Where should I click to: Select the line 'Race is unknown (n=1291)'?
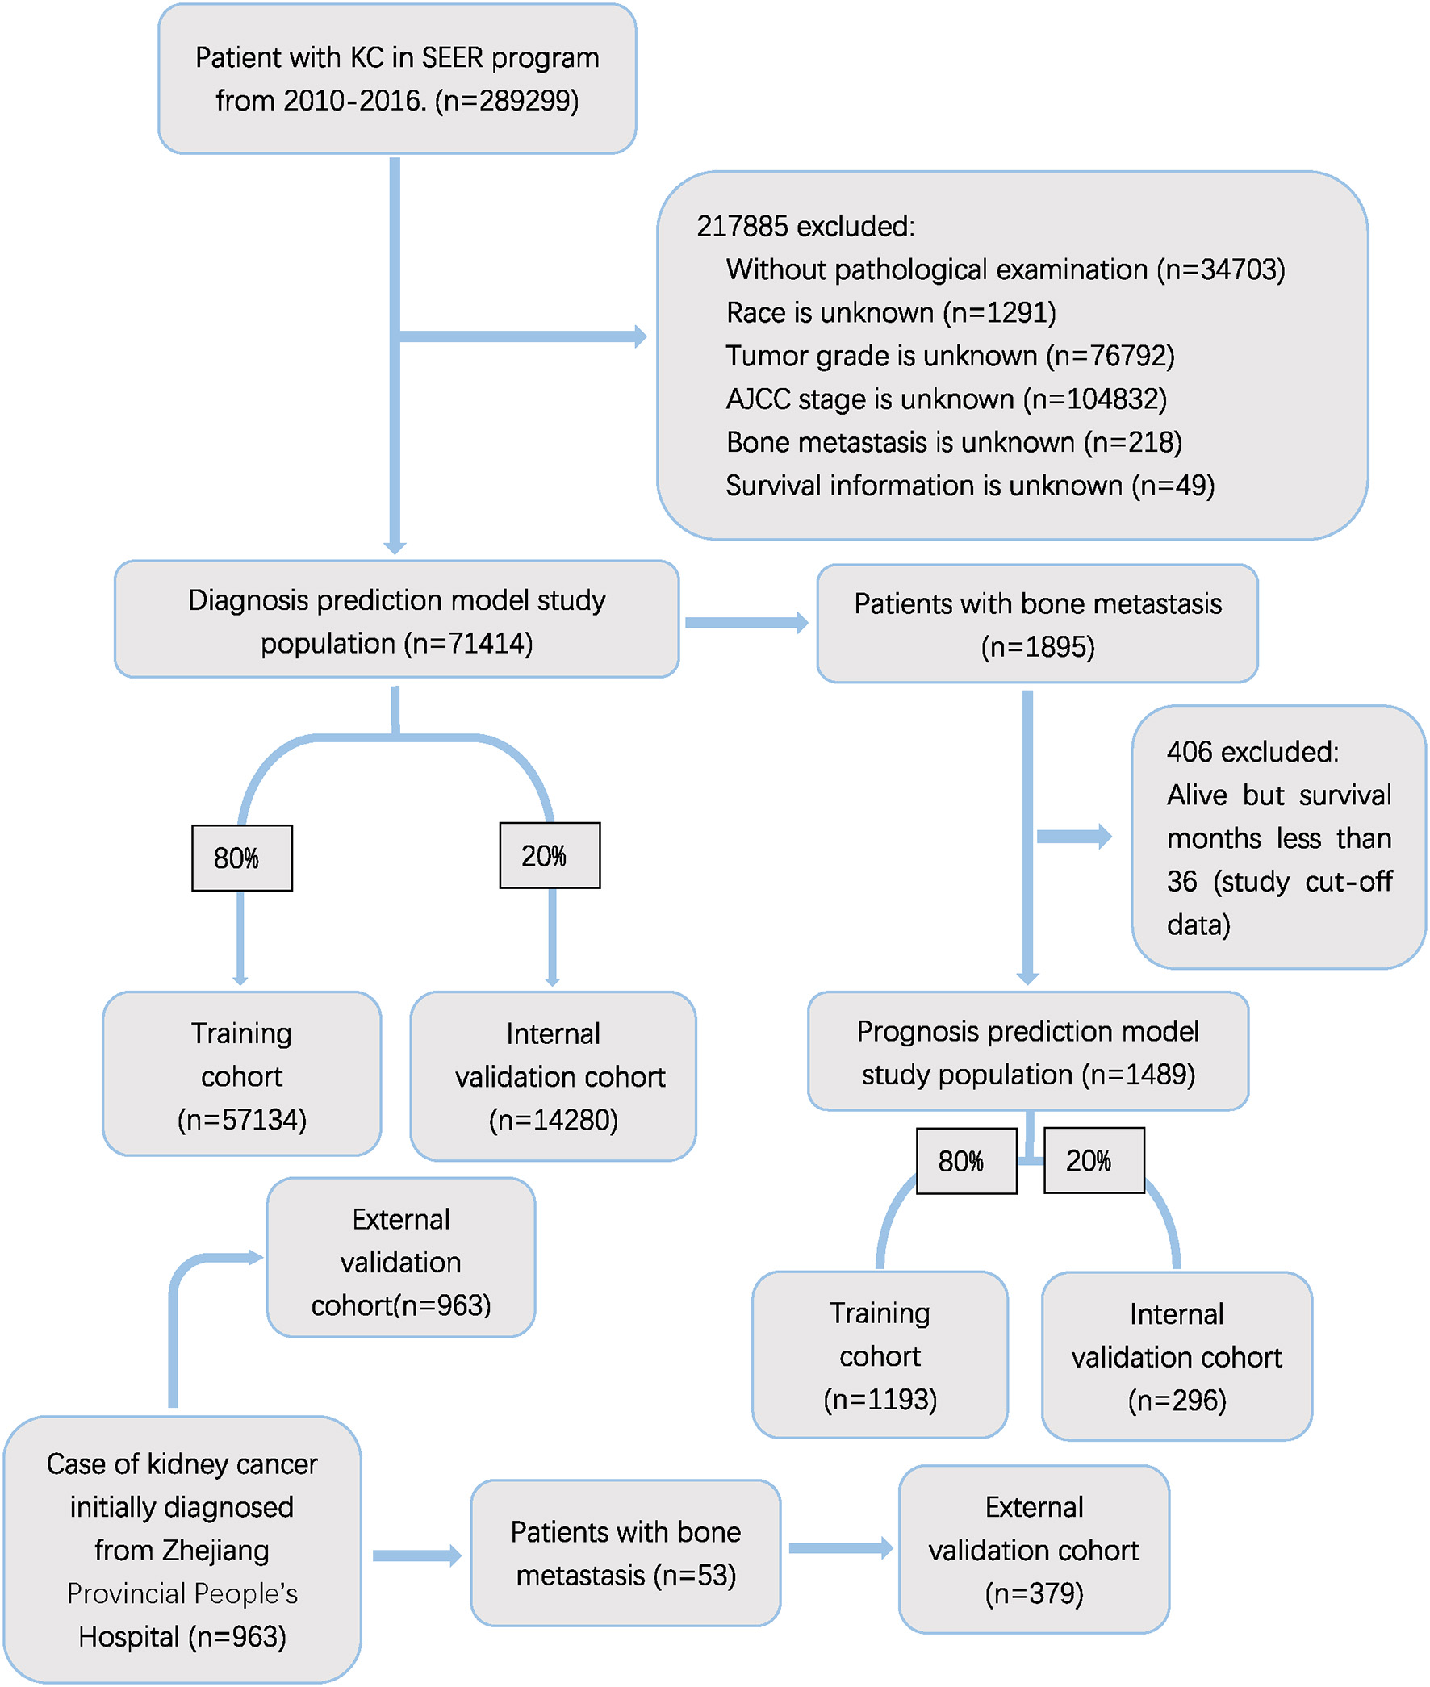click(890, 313)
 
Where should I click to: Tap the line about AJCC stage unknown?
click(945, 399)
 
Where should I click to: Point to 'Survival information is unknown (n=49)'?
click(969, 486)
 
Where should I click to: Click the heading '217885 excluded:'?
click(805, 226)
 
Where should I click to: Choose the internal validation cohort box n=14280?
click(553, 1076)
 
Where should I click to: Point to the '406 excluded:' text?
click(1252, 752)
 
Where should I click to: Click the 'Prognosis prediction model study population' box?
click(1027, 1052)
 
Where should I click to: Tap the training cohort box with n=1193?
click(880, 1355)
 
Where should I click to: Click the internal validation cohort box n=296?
click(1177, 1356)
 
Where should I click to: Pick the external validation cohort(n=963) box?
click(400, 1262)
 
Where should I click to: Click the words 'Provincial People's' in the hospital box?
click(182, 1594)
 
